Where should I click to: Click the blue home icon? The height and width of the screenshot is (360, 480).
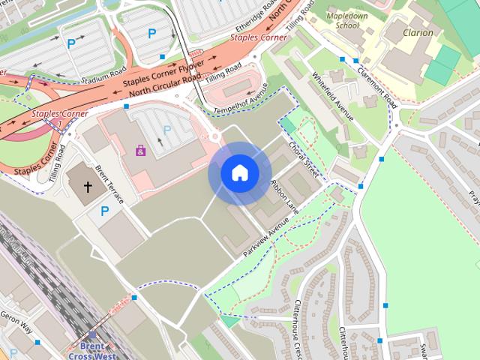[239, 173]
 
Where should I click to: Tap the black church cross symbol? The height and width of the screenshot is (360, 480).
[87, 185]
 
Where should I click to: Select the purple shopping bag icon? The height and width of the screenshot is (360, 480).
[140, 150]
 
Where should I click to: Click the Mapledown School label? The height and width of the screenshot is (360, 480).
[342, 19]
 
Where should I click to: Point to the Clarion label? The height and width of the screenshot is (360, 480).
[418, 32]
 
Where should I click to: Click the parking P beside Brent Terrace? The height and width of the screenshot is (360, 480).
[103, 211]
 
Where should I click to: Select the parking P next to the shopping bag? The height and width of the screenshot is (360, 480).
[166, 130]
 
